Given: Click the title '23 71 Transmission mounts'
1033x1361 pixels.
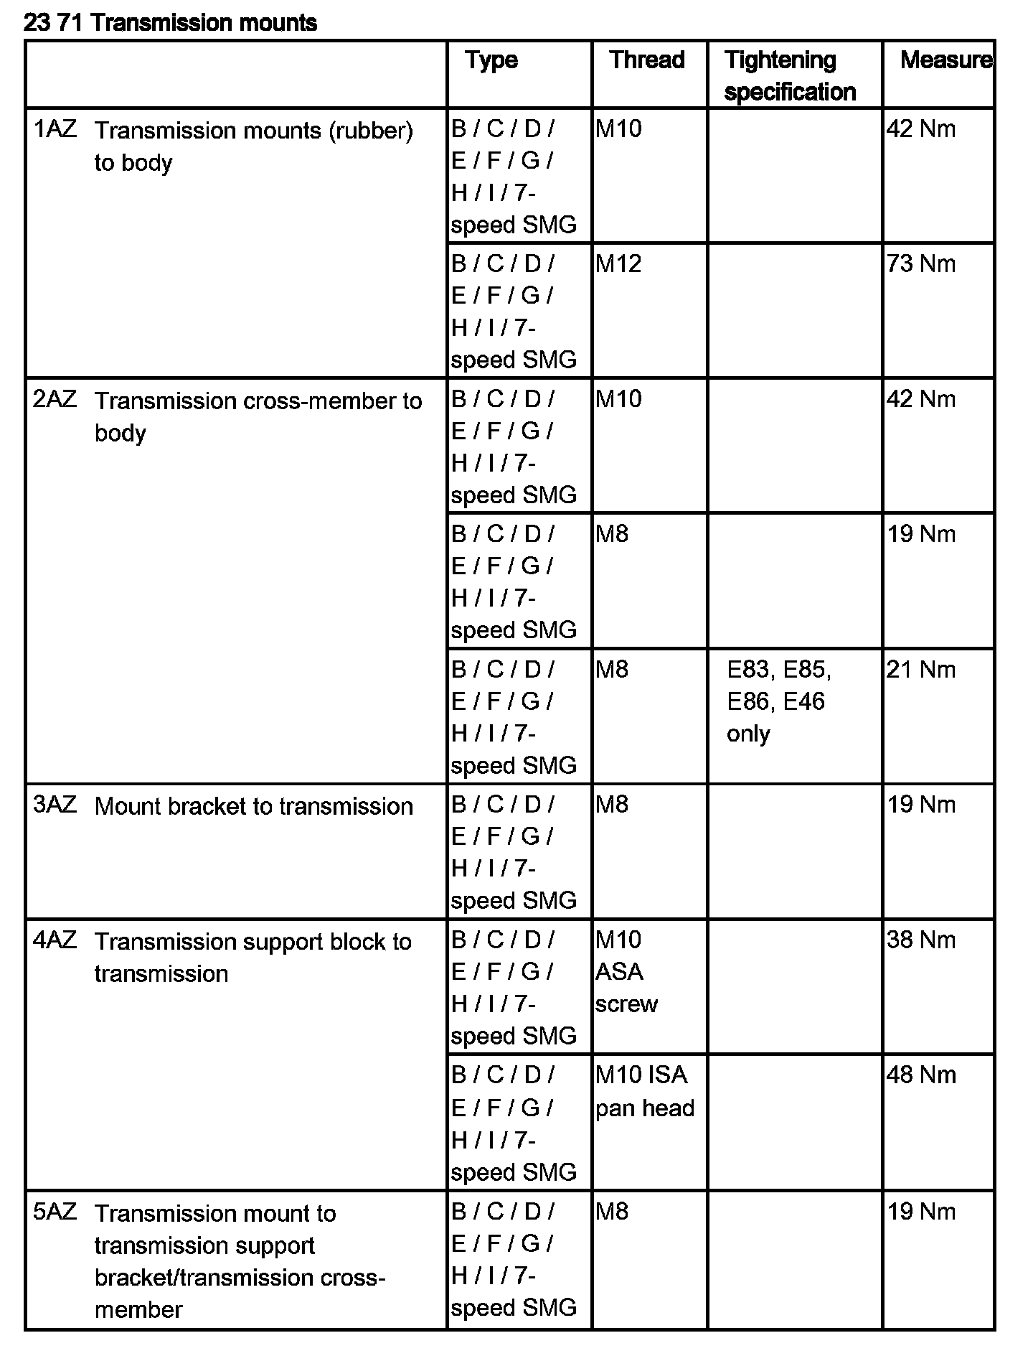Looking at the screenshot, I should pos(170,23).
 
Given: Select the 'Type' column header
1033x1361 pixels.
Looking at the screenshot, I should pos(491,60).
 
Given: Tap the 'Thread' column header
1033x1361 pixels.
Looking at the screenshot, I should pos(647,60).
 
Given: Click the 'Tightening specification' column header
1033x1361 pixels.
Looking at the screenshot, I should pos(790,75).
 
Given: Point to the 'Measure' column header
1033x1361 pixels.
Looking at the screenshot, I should pos(945,60).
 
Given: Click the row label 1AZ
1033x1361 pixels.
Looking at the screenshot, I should pos(55,129).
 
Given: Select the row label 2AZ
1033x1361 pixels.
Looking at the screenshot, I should pos(55,399).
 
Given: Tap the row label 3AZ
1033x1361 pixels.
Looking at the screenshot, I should pos(55,805).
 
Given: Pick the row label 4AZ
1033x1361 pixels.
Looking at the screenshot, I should pos(55,940).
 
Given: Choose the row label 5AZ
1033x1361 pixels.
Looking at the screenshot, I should pos(55,1212).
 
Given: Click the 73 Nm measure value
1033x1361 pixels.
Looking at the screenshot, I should pos(921,264).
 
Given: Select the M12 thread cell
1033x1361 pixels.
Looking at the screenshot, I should pos(618,264).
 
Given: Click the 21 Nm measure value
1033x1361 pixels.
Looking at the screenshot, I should pos(921,670).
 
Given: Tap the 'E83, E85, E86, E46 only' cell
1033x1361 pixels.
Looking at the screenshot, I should pos(779,701).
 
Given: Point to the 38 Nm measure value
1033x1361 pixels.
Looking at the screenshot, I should pos(921,940).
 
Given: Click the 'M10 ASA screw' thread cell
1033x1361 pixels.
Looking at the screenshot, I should pos(626,971).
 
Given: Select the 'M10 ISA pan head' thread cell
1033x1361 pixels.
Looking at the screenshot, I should pos(644,1091).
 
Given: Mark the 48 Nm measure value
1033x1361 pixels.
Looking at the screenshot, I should pos(921,1075).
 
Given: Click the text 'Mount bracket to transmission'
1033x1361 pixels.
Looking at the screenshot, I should pos(253,806).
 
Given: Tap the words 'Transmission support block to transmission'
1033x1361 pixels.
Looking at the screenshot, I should pos(253,957).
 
